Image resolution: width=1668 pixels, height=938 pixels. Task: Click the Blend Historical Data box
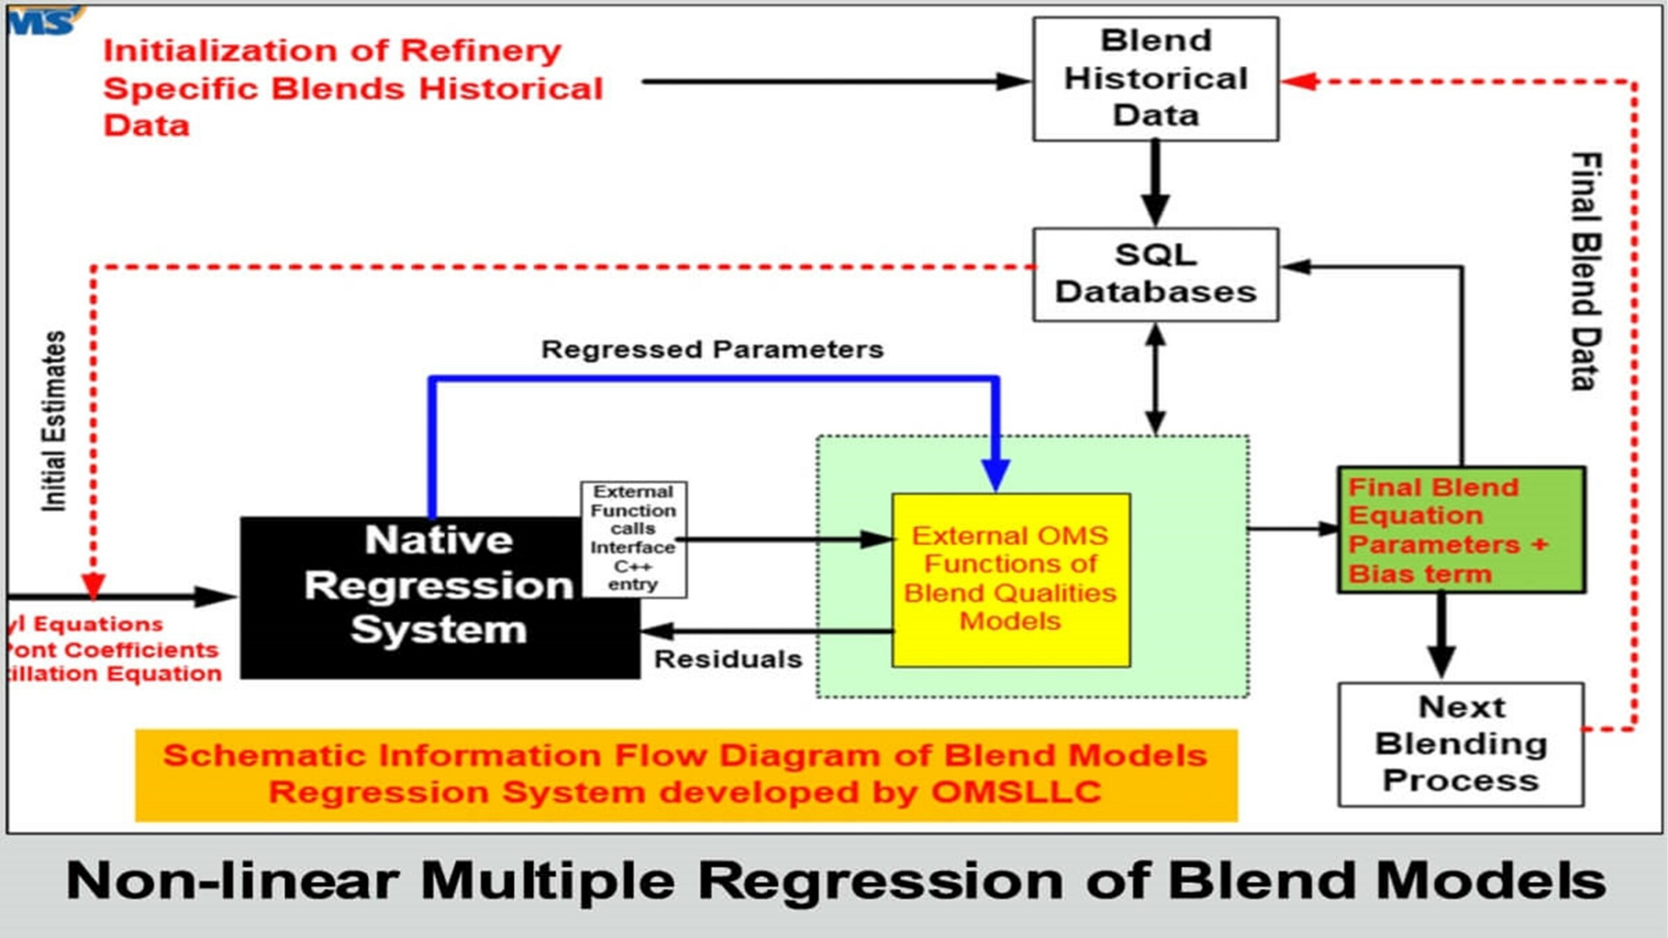1155,78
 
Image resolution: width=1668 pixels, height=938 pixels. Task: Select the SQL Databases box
1155,274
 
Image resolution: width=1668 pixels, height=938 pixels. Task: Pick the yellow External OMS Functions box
1011,580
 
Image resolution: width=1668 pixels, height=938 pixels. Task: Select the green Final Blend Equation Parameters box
1461,530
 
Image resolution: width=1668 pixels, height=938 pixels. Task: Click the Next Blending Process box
1461,744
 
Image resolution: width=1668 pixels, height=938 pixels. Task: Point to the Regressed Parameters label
712,350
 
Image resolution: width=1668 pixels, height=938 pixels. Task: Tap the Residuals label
728,659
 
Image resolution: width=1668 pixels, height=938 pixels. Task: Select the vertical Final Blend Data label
1585,271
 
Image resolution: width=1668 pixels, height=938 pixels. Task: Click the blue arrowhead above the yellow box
996,474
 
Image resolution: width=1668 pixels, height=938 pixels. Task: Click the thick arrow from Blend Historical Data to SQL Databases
1155,182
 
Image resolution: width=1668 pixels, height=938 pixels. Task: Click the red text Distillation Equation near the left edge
114,674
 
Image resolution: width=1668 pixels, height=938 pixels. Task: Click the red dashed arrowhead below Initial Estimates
93,585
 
